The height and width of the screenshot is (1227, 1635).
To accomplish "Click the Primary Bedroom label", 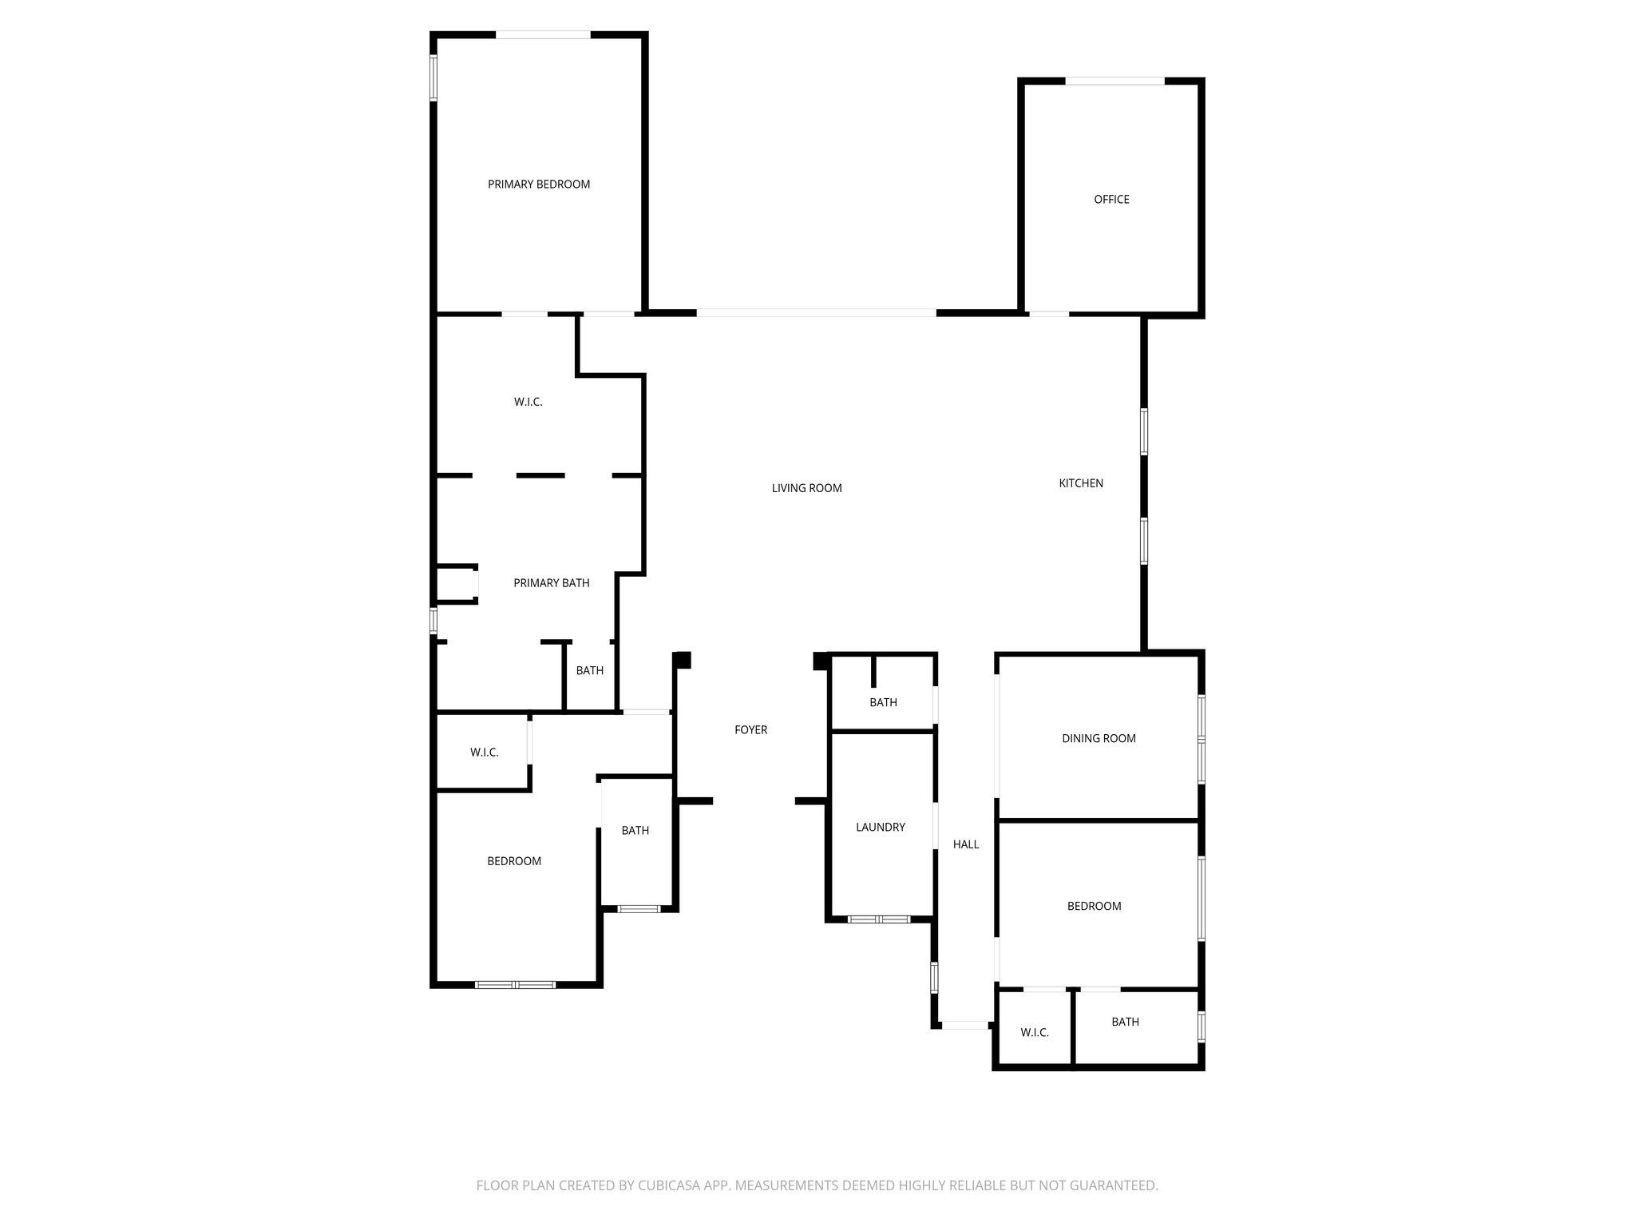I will pos(539,185).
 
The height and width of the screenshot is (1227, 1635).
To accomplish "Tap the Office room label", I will pos(1111,200).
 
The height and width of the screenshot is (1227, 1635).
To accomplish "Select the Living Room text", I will pos(806,488).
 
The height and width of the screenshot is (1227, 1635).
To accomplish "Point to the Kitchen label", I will pos(1081,483).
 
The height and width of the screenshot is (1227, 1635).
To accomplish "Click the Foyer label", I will pos(750,730).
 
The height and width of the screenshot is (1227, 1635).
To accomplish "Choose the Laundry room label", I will pos(880,828).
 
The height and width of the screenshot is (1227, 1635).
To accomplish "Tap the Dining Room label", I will pos(1099,739).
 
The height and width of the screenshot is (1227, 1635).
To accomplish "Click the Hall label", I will pos(965,844).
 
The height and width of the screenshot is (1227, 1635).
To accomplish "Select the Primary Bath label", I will pos(551,583).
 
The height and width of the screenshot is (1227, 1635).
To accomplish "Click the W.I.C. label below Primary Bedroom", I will pos(528,403).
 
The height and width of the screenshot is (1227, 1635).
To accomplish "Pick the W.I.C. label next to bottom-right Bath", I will pos(1034,1033).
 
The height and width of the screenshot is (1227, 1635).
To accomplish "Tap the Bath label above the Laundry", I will pos(883,703).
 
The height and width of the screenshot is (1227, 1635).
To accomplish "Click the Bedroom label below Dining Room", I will pos(1094,907).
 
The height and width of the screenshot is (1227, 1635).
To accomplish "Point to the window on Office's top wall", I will pos(1114,81).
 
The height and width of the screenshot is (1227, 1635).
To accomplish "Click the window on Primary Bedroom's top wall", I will pos(543,35).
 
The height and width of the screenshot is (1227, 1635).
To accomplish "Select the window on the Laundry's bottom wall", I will pos(878,919).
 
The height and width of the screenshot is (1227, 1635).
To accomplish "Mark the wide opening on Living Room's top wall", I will pos(816,313).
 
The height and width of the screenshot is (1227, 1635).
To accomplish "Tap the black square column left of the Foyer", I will pos(683,660).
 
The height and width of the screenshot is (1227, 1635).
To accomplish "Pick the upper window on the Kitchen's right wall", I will pos(1143,431).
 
